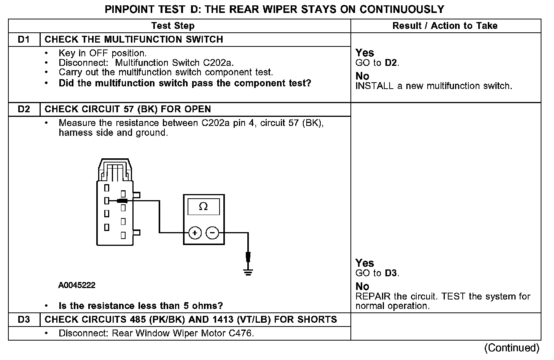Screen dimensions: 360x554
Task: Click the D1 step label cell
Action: coord(24,40)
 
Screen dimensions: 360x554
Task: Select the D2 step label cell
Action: coord(24,109)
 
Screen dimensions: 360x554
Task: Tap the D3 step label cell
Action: coord(24,319)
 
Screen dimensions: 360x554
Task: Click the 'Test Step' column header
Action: coord(173,26)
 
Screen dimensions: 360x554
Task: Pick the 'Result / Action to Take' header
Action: coord(445,26)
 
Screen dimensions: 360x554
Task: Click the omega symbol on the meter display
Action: coord(204,207)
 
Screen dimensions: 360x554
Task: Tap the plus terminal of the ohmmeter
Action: coord(195,233)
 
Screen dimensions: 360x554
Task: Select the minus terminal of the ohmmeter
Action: coord(212,233)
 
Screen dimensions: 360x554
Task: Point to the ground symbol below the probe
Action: coord(248,272)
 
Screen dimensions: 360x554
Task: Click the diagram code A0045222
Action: coord(77,285)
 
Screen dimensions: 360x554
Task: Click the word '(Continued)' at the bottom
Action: coord(512,348)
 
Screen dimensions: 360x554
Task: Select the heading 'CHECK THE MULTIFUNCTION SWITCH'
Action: coord(134,40)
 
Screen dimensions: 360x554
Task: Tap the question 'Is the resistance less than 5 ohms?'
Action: coord(141,306)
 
